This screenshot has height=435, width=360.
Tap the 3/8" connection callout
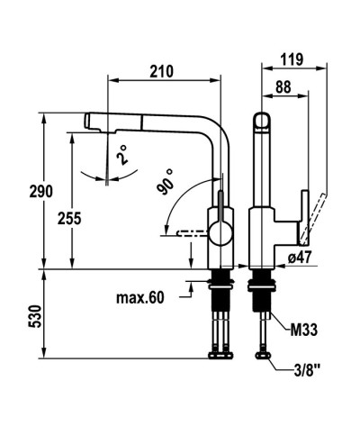[x=306, y=369]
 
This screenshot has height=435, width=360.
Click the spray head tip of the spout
[x=89, y=119]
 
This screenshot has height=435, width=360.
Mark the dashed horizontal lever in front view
[x=189, y=232]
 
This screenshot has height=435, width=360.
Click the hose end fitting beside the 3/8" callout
[x=266, y=360]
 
